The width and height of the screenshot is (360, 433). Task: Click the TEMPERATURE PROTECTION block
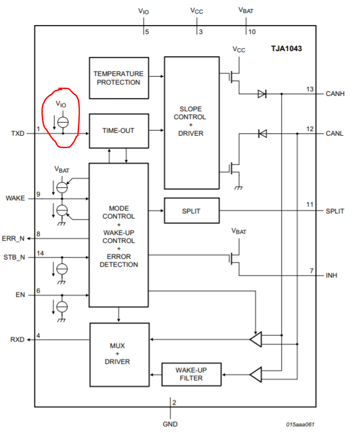coord(119,78)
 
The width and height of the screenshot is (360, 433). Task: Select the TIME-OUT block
coord(119,129)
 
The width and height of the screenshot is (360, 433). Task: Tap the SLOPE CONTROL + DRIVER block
coord(191,122)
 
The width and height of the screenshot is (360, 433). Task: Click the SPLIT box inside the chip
coord(191,211)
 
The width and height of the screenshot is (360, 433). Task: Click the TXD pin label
coord(18,134)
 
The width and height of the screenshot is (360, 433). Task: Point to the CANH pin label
coord(334,94)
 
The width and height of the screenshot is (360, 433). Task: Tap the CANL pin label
coord(334,133)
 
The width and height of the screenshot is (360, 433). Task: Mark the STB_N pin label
coord(15,257)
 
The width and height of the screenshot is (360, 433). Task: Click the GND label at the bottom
coord(170,423)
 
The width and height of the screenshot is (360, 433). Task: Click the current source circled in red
coord(63,121)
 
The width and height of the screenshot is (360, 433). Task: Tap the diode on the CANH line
coord(262,94)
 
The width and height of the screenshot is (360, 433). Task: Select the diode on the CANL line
coord(262,134)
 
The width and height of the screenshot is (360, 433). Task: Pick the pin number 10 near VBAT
coord(252,32)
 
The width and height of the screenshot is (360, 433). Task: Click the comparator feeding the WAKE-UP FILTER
coord(256,375)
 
